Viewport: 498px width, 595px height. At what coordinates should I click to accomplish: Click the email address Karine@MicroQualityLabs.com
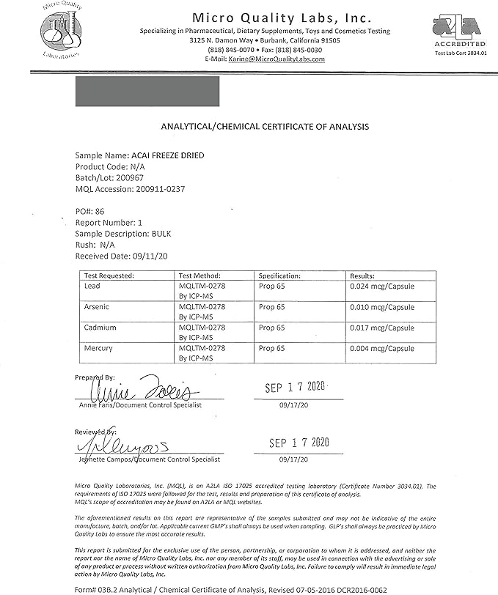(x=275, y=59)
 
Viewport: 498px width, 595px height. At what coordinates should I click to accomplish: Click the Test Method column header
(x=194, y=276)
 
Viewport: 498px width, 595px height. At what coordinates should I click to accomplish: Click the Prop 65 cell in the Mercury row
(x=272, y=348)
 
